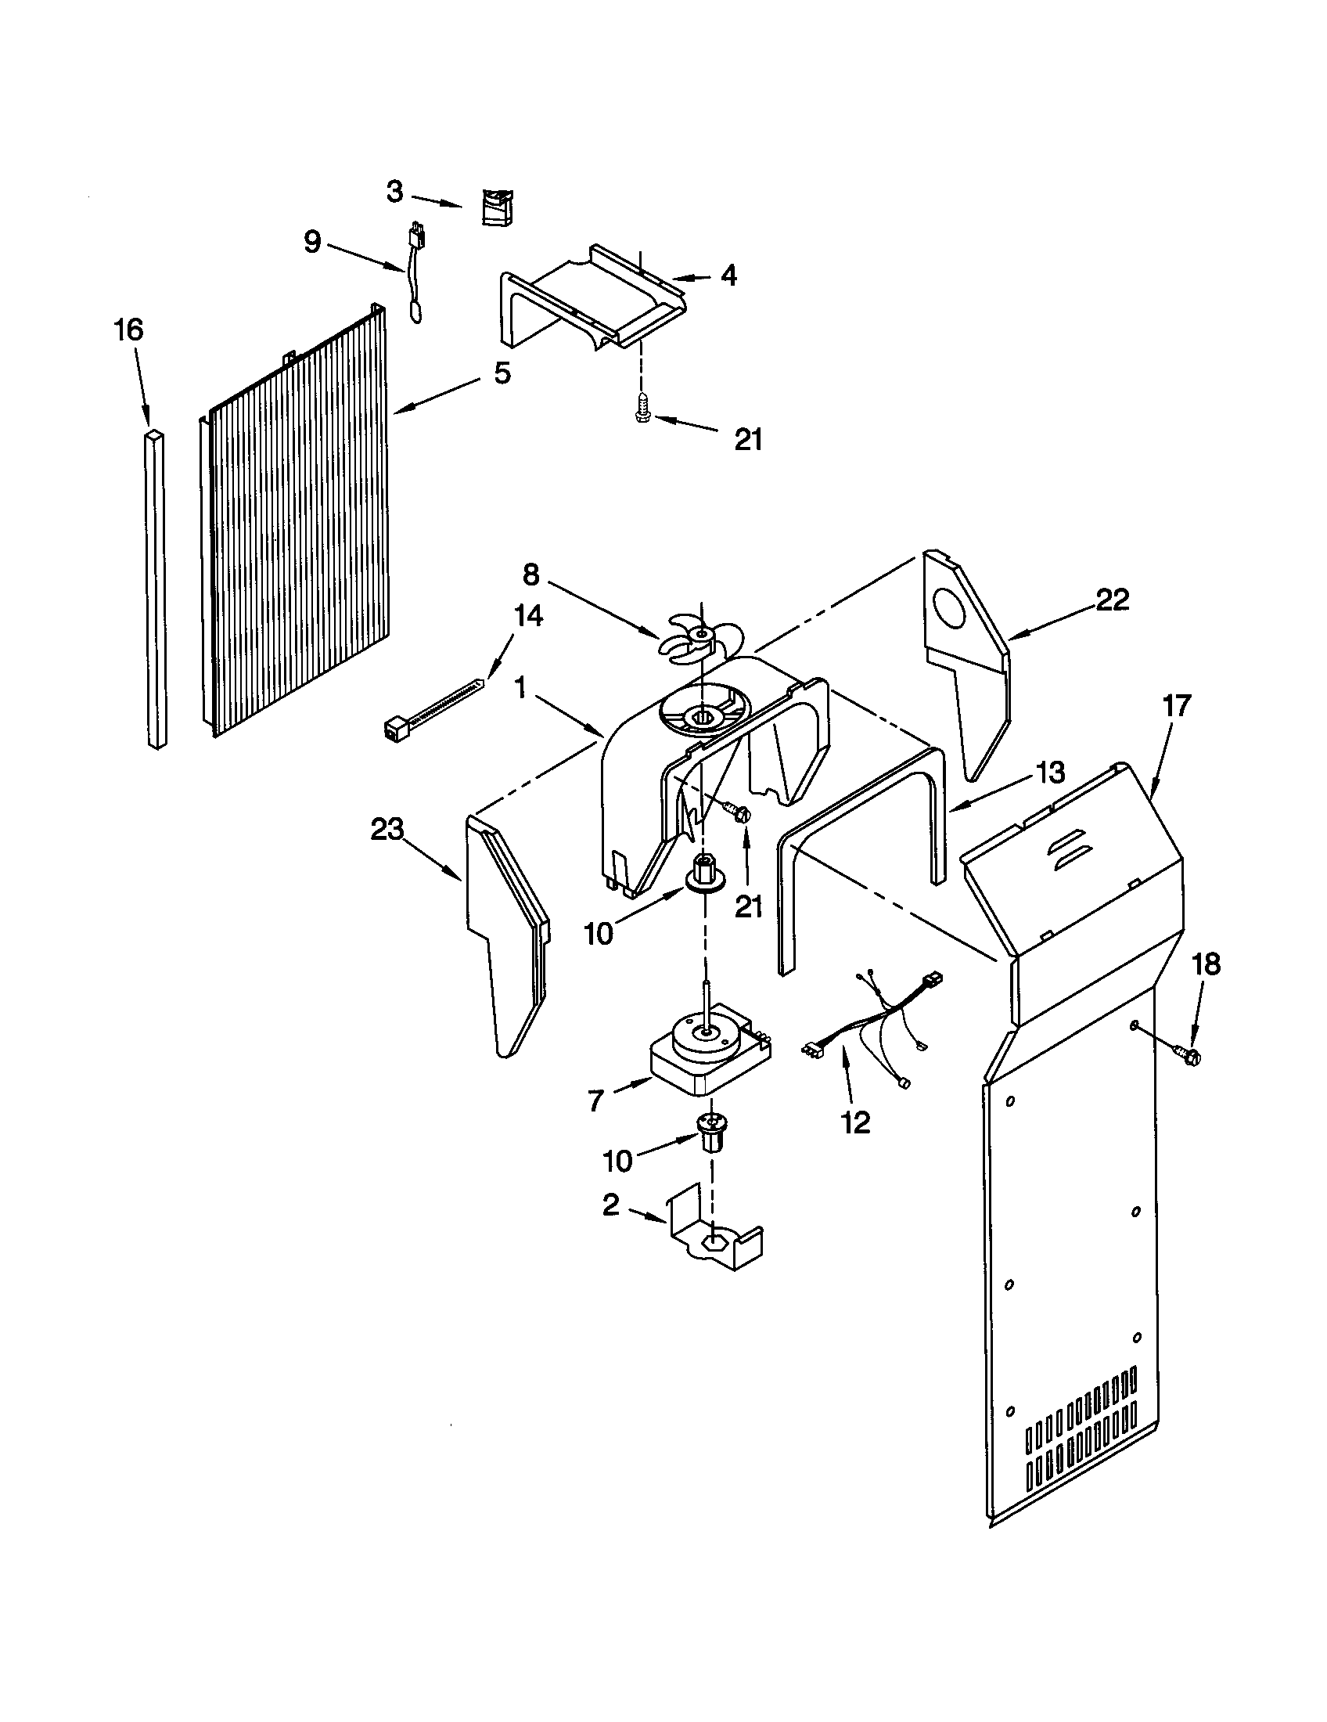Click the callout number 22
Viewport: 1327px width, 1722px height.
(x=1112, y=600)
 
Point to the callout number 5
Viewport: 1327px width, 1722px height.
(x=502, y=373)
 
